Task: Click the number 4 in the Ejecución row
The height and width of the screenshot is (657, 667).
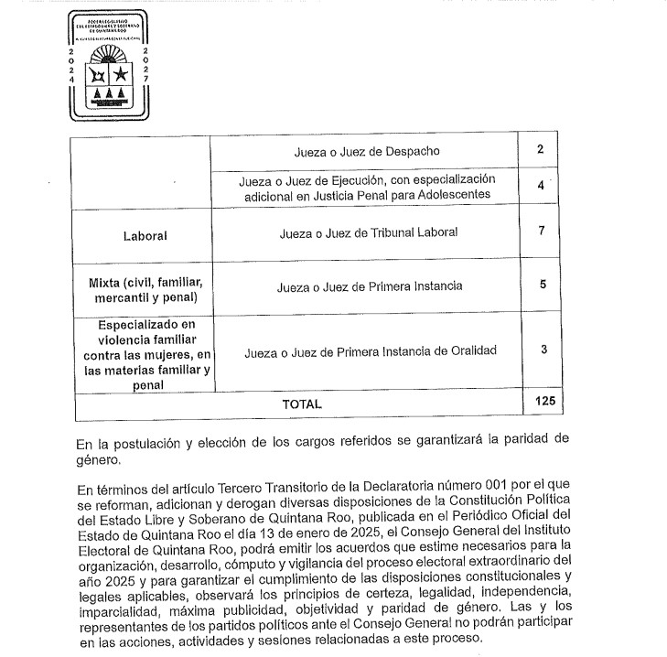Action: click(543, 186)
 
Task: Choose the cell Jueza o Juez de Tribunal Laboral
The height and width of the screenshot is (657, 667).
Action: click(369, 232)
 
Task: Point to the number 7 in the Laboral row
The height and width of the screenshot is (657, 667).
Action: click(543, 231)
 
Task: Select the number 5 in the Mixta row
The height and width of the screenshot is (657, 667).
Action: click(543, 285)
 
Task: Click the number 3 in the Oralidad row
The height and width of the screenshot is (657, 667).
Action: click(543, 349)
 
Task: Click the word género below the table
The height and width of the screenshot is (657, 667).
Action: click(97, 460)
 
